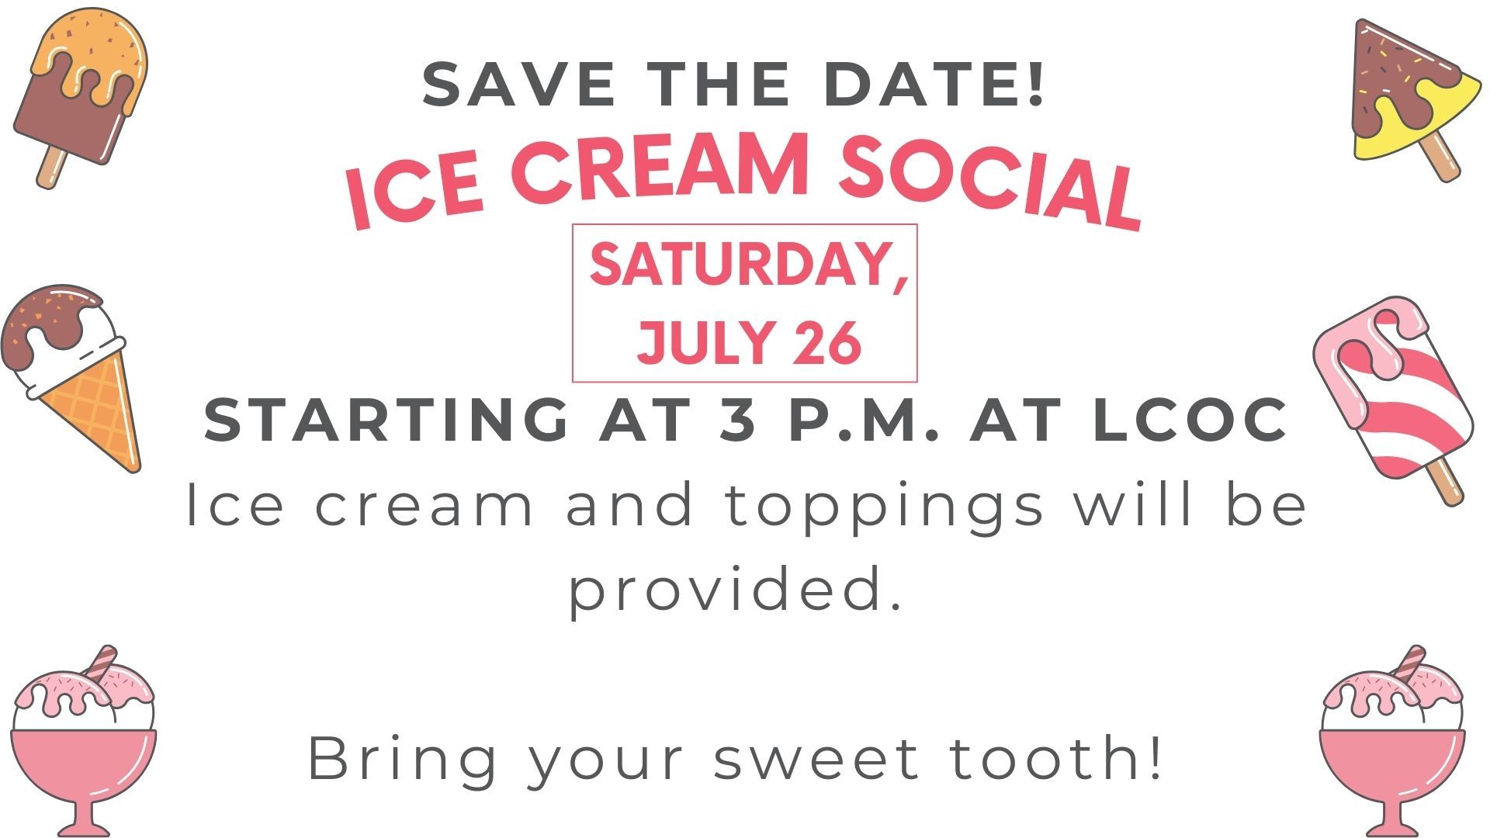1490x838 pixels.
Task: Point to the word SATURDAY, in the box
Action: [x=748, y=265]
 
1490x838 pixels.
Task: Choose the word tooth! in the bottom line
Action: [x=1056, y=757]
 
